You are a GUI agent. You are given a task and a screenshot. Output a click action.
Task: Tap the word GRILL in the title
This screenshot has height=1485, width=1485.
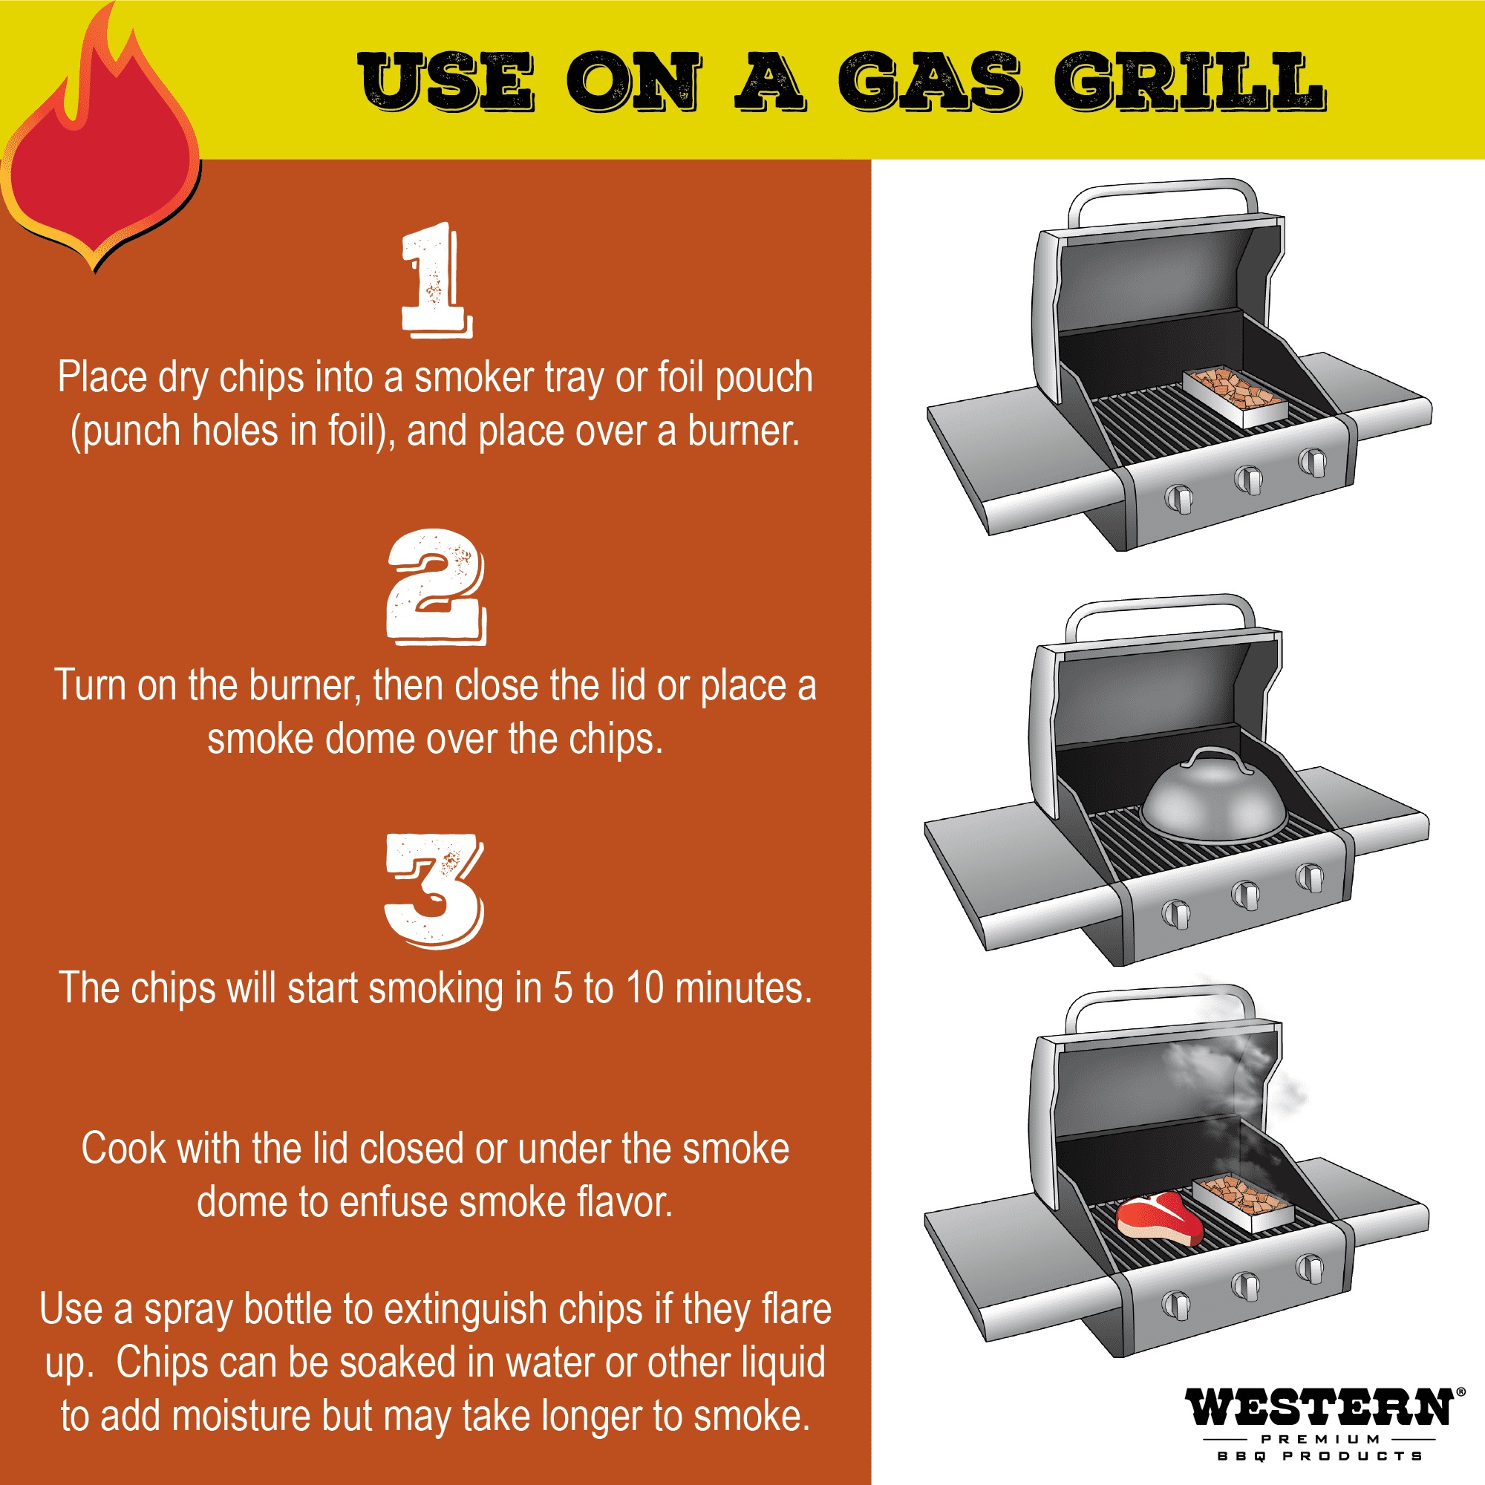click(1189, 82)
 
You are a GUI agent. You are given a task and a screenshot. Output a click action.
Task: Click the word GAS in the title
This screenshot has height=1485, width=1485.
click(931, 82)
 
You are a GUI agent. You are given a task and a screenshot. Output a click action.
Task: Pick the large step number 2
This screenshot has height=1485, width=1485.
click(436, 587)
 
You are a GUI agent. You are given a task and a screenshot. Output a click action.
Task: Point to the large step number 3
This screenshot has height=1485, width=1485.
click(434, 892)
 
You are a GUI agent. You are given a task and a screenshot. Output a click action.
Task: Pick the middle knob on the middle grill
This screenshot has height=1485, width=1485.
click(1244, 894)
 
